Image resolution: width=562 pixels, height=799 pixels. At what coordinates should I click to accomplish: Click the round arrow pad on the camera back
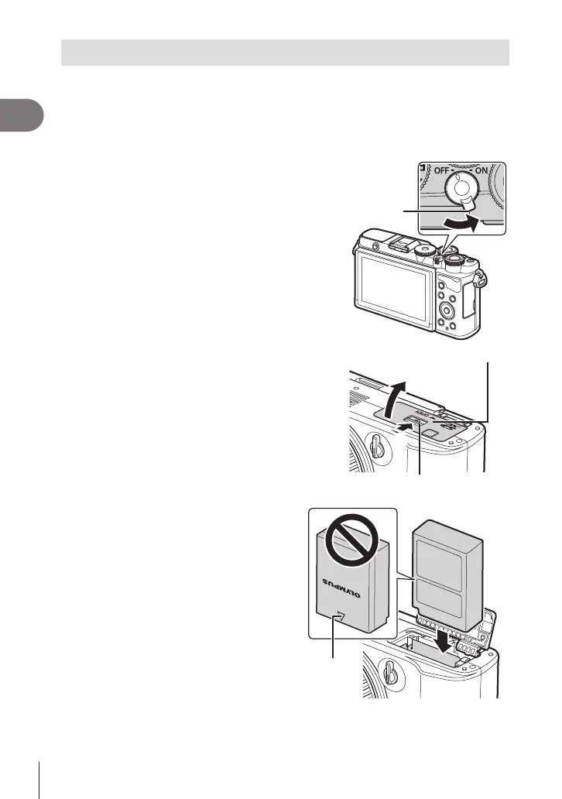point(447,310)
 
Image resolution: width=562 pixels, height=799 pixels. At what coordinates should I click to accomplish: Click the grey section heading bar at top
point(285,53)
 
